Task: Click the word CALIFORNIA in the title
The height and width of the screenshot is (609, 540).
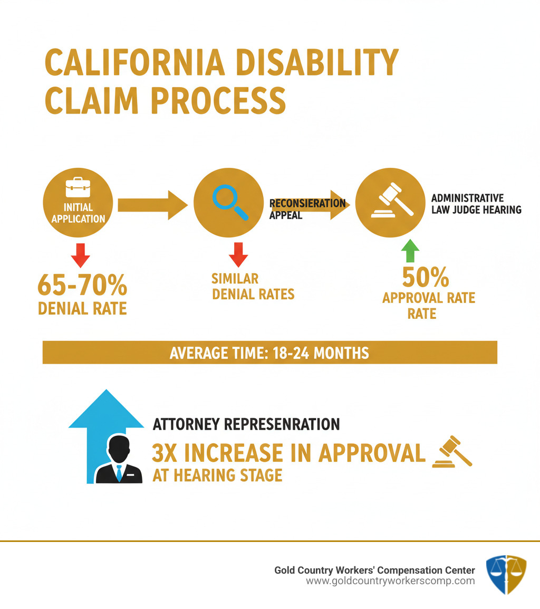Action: click(134, 64)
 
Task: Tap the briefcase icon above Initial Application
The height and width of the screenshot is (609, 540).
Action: click(78, 188)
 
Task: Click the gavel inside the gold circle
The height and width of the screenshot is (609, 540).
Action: click(391, 201)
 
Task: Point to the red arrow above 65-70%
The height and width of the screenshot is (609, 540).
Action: click(80, 255)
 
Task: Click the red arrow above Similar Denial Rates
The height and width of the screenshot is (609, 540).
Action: click(238, 255)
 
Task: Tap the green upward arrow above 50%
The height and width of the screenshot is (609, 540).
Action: click(410, 252)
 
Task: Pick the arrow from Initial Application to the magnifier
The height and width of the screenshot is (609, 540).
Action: click(152, 205)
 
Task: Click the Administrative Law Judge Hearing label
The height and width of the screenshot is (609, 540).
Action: click(476, 204)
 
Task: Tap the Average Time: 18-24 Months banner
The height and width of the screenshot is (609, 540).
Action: click(269, 353)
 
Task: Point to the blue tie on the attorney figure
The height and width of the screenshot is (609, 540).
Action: click(119, 472)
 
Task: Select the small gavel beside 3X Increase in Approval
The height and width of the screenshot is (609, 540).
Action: click(452, 453)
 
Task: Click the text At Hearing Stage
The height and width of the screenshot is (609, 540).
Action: click(217, 475)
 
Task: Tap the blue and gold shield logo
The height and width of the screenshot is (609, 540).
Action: click(506, 574)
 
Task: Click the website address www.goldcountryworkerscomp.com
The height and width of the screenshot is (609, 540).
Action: click(390, 581)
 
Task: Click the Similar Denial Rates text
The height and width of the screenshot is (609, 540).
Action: click(253, 286)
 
